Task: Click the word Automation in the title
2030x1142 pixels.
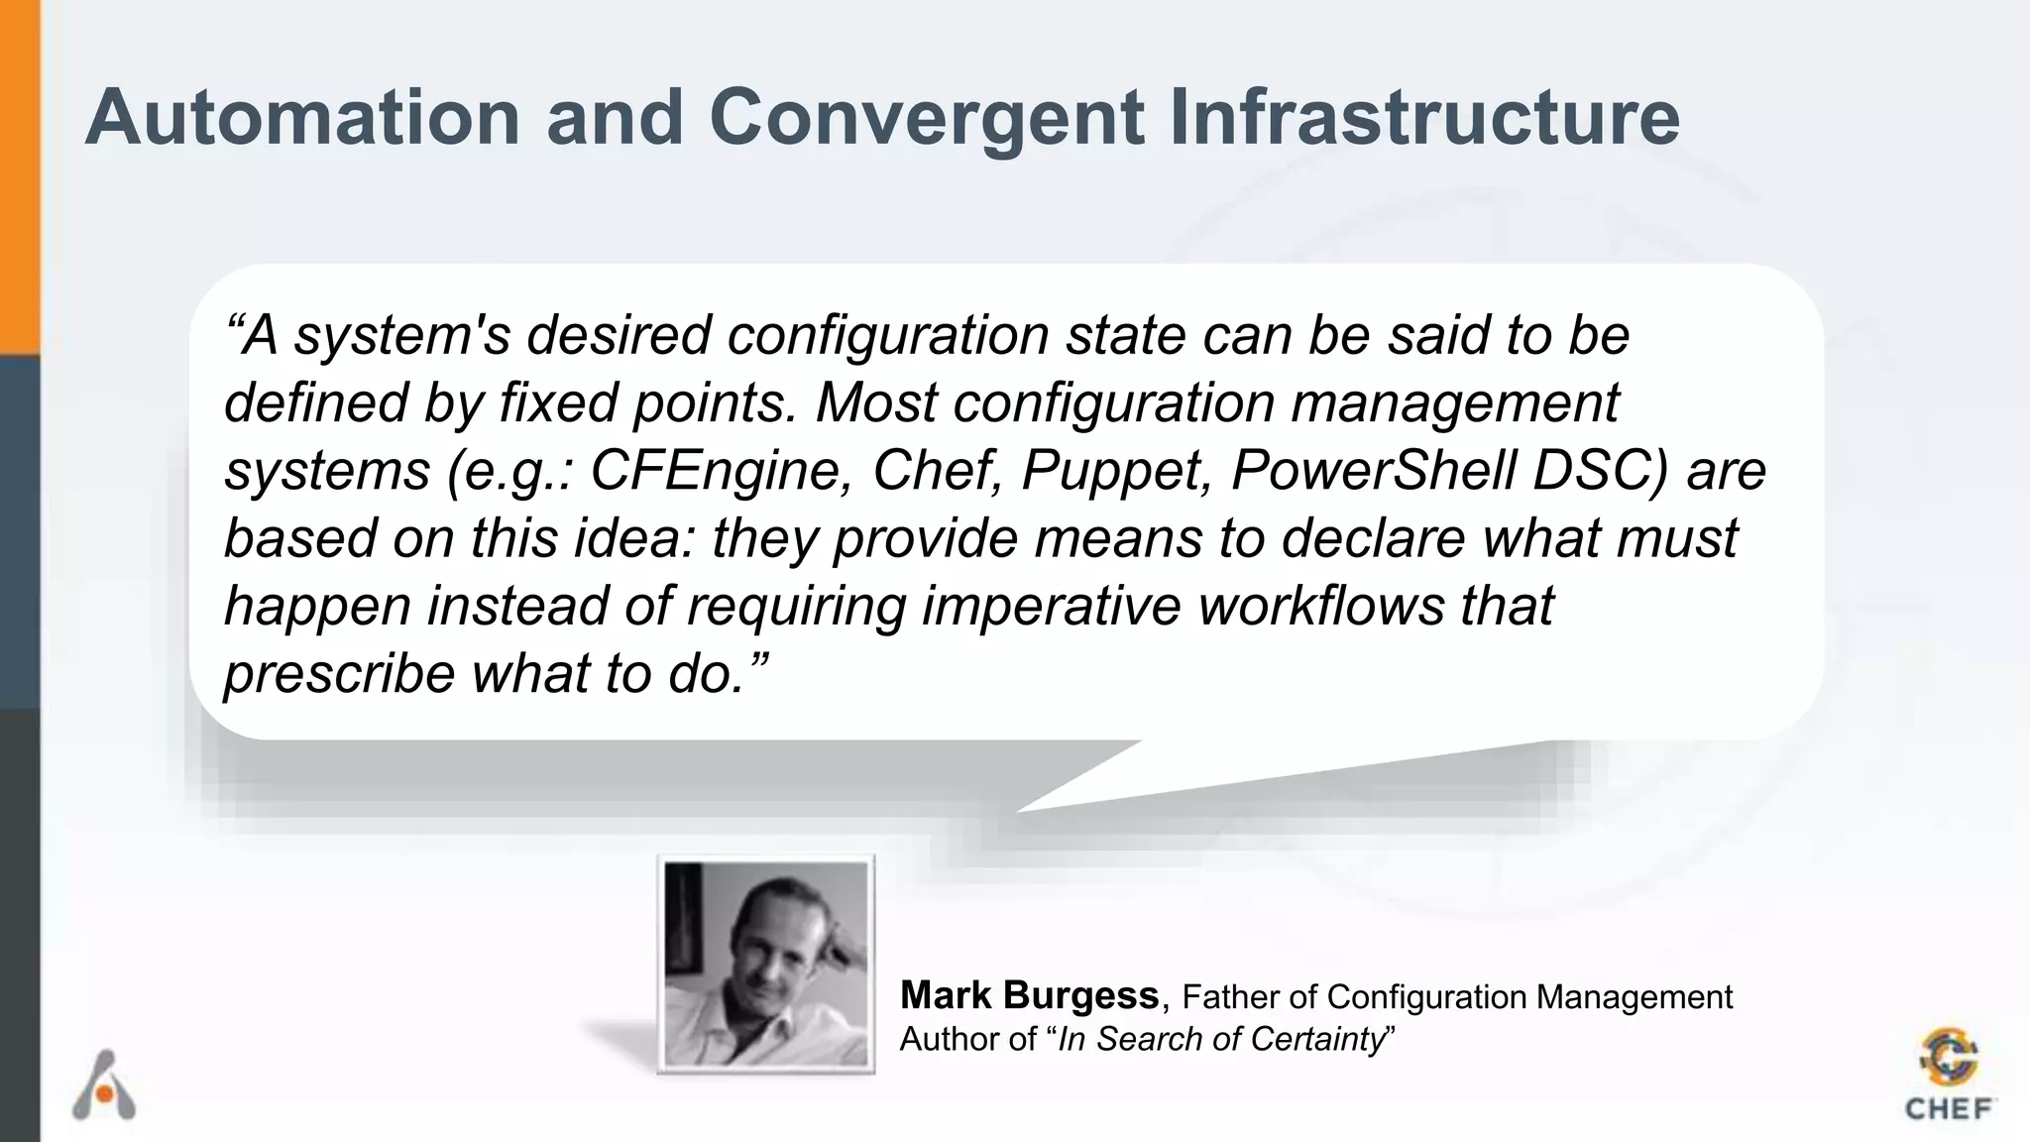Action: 302,118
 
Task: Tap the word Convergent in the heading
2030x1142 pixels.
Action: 927,118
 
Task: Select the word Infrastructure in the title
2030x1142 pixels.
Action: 1423,118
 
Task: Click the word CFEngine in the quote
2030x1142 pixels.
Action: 722,470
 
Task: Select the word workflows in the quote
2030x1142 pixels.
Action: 1321,606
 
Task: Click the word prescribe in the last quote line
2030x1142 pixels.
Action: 338,674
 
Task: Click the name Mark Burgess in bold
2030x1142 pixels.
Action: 1029,994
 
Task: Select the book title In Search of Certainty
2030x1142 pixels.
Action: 1220,1039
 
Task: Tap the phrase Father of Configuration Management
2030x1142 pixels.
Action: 1457,996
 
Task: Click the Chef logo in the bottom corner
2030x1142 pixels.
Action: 1949,1076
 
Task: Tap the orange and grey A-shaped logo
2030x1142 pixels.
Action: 104,1085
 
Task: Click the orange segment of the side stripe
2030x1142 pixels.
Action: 20,178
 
